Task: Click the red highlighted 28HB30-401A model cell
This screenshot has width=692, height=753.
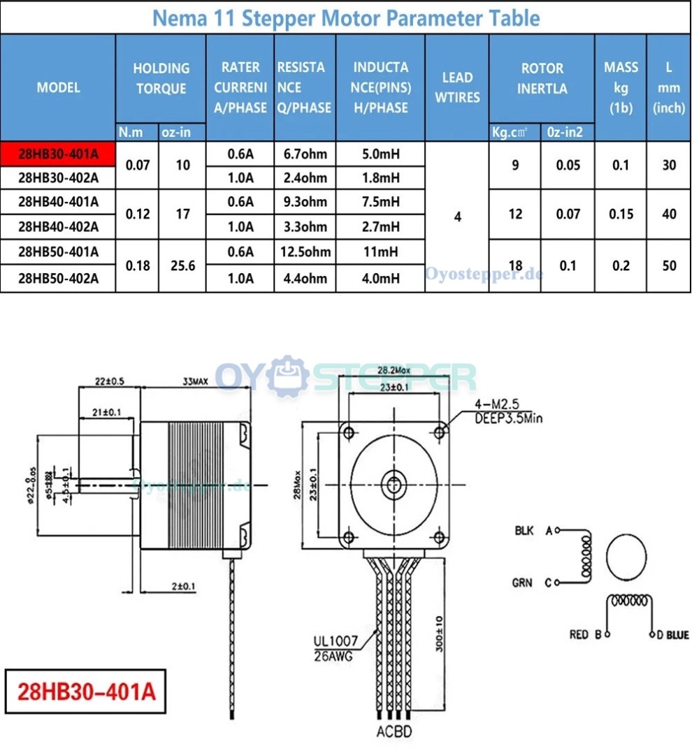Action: click(58, 154)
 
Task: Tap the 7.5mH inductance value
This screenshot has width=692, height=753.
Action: click(380, 202)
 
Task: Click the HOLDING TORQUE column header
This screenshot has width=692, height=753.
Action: click(161, 78)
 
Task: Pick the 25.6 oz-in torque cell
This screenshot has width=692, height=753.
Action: click(182, 265)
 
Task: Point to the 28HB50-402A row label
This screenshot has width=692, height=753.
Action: click(58, 279)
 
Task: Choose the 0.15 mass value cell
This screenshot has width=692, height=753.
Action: click(620, 214)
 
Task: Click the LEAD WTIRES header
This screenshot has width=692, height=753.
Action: click(457, 87)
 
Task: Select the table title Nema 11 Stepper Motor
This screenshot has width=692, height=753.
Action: click(345, 17)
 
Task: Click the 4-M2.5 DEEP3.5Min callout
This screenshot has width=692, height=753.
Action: click(507, 411)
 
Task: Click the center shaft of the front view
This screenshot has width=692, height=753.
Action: click(394, 483)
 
